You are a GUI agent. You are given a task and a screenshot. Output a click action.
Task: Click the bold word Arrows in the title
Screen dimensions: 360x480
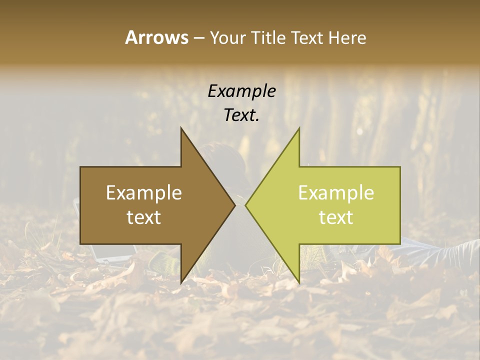coord(156,37)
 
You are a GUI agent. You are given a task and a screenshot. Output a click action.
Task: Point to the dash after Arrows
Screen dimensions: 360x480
coord(198,38)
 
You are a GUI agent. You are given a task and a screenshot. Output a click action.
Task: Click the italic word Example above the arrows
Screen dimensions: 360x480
coord(241,91)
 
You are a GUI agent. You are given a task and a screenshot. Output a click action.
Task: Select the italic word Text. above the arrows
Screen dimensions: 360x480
coord(241,115)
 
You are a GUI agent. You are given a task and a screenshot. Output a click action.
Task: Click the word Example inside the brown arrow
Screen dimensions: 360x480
coord(144,192)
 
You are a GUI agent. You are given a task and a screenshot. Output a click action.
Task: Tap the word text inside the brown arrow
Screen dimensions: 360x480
coord(144,217)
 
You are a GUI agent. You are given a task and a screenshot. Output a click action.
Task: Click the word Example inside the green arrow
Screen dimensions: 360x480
coord(336,192)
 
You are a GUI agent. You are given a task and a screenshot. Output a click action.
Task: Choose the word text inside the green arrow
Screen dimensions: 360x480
coord(336,217)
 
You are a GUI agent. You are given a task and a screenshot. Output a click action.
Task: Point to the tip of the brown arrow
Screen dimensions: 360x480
coord(235,205)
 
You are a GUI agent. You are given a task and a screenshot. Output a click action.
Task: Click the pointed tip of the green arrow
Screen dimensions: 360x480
coord(245,205)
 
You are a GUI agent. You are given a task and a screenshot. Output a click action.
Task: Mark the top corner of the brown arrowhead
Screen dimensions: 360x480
coord(181,128)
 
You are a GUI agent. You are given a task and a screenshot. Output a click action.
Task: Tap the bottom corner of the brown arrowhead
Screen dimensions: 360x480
coord(181,283)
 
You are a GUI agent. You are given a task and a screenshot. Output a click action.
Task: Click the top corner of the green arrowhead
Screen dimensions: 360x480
coord(299,128)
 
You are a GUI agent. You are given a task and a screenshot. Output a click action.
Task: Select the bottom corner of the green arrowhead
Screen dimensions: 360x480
coord(299,283)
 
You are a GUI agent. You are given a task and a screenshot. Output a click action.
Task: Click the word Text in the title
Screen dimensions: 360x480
coord(307,37)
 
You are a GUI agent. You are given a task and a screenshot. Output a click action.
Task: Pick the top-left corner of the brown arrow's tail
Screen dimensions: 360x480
coord(81,167)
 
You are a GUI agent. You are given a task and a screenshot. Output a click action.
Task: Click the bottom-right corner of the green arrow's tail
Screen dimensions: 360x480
coord(400,243)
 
